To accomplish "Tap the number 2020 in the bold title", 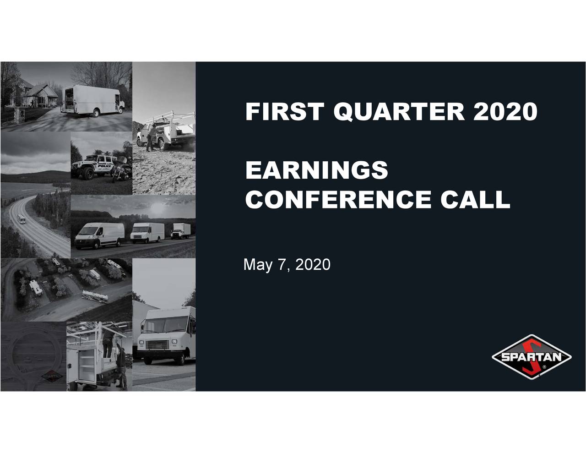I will coord(505,112).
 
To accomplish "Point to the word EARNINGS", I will coord(316,170).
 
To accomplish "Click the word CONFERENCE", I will coord(338,199).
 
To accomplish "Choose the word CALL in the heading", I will coord(475,199).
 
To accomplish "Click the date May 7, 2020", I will coord(287,265).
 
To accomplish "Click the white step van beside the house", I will coord(92,100).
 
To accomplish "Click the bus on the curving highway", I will coord(22,219).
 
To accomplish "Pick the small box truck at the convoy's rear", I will coord(181,231).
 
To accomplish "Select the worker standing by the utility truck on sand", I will coord(150,136).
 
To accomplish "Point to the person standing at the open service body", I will coord(121,366).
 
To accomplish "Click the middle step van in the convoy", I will coord(147,233).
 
